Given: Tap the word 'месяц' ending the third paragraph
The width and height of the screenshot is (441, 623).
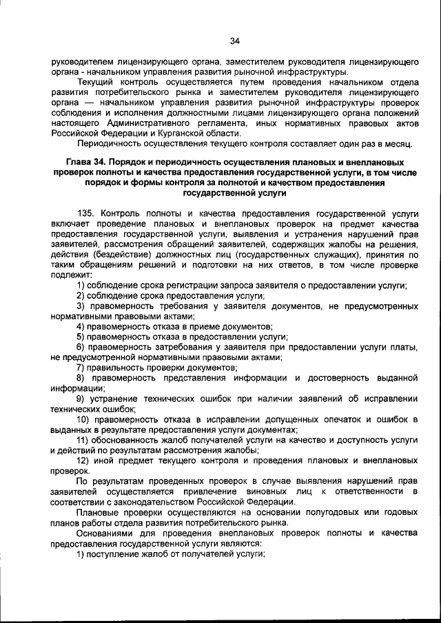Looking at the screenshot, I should point(398,144).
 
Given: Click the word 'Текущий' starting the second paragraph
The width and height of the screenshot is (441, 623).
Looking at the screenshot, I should point(97,81).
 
